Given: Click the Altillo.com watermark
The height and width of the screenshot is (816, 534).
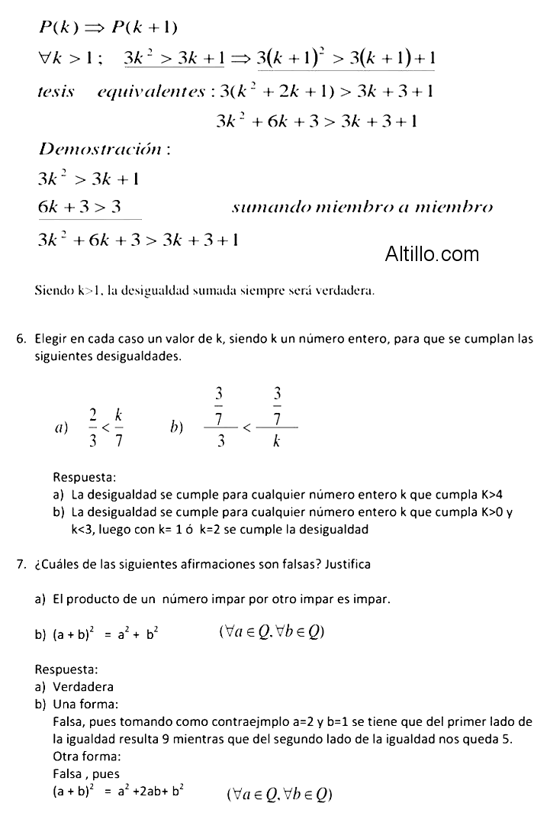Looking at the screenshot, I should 433,253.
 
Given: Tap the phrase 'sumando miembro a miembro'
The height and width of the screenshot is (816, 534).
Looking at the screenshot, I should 362,208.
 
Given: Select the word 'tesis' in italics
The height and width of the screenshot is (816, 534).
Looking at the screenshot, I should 56,92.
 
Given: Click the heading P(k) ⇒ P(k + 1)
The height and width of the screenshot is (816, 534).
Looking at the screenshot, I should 108,27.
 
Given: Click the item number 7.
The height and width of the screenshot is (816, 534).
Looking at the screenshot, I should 21,565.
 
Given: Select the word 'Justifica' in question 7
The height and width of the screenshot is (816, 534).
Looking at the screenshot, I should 348,566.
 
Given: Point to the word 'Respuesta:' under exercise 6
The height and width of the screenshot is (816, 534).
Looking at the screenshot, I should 85,478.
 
